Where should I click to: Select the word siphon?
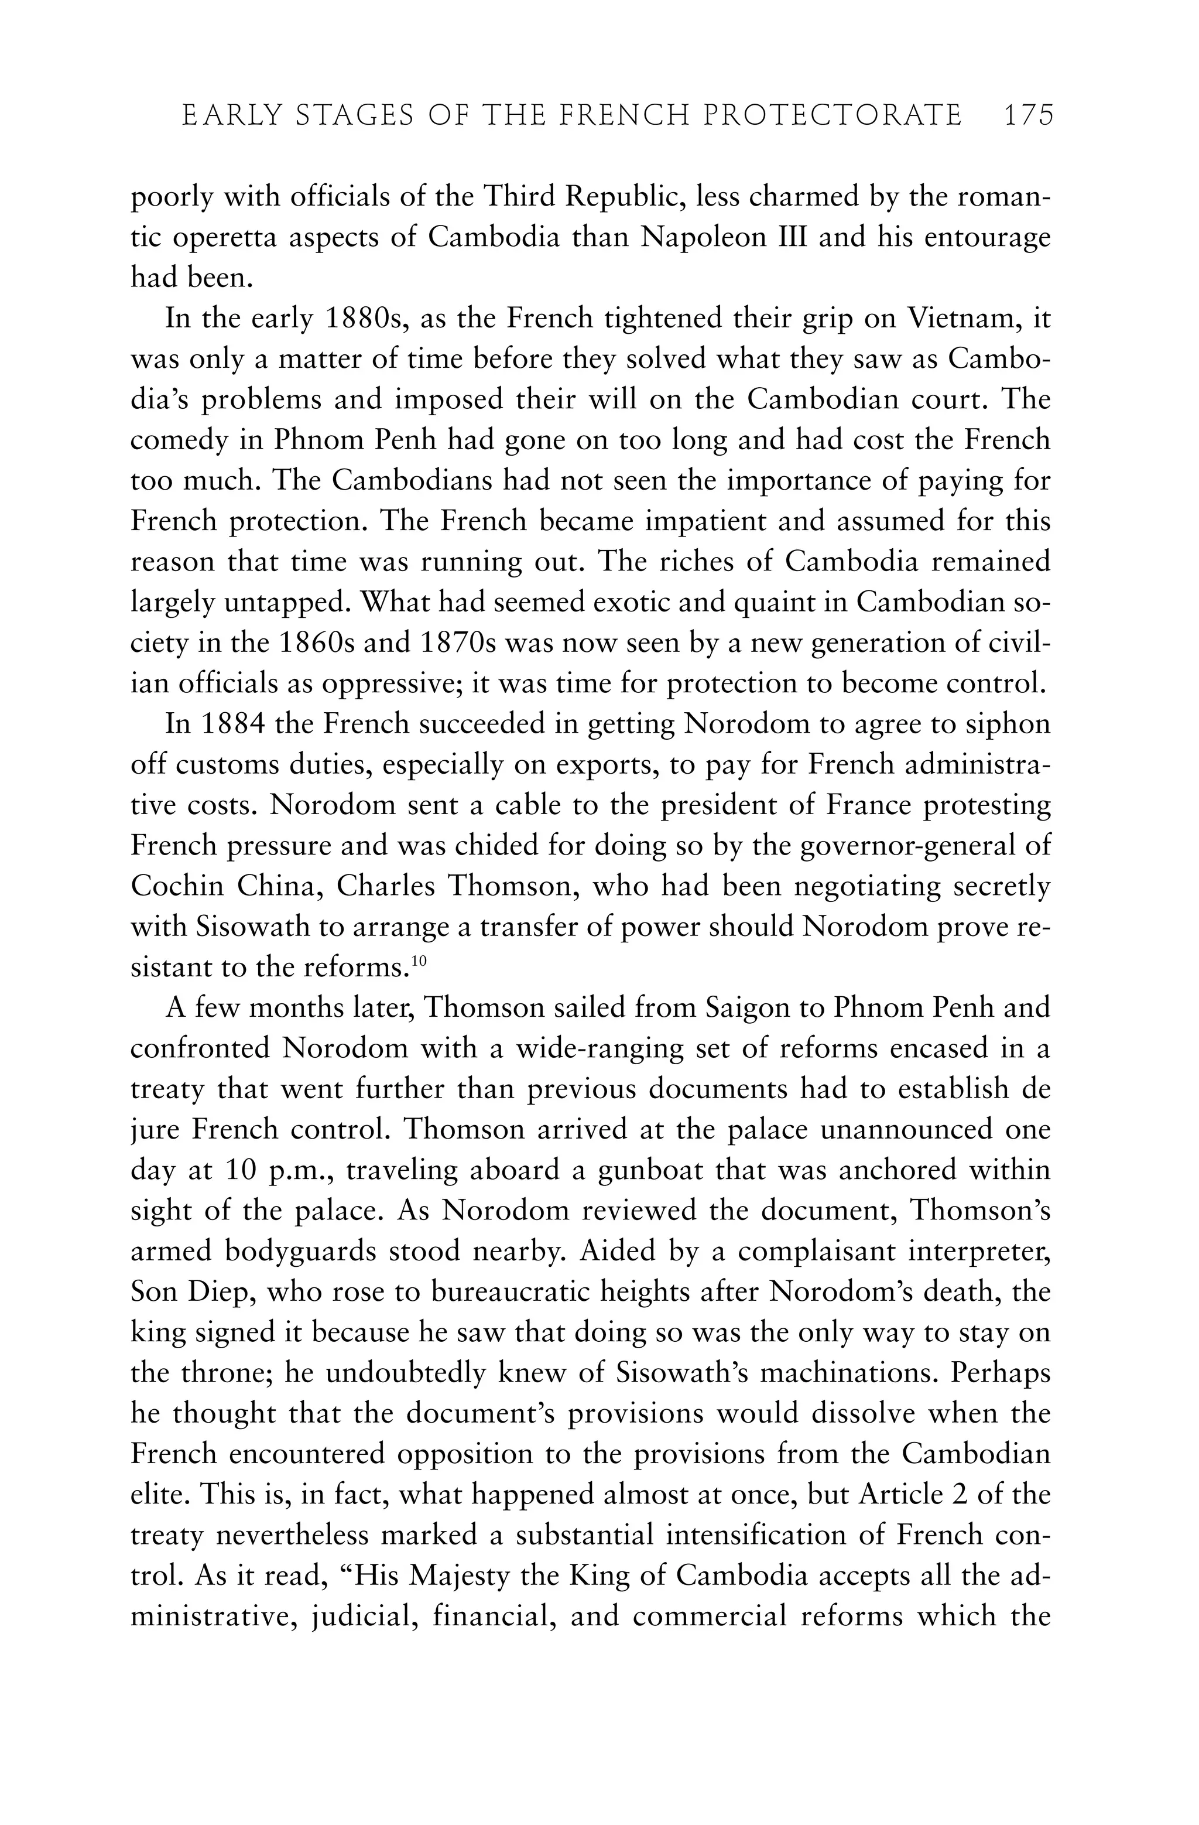click(x=1006, y=724)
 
